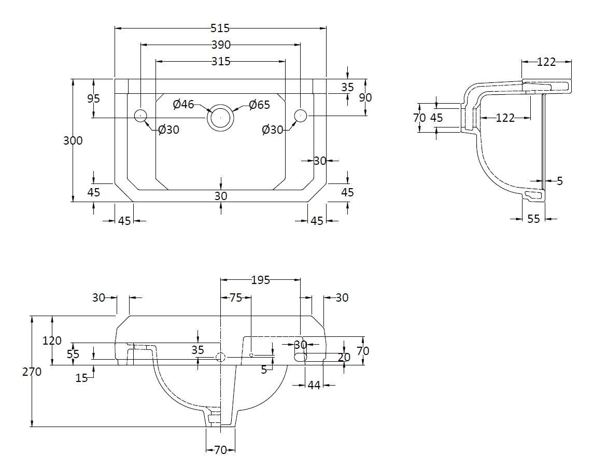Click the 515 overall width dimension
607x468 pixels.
pos(220,29)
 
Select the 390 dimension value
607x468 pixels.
pos(220,45)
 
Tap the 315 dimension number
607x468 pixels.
pos(220,62)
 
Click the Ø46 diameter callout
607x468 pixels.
pos(183,105)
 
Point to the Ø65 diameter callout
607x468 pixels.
pos(259,105)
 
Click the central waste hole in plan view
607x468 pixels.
pos(221,118)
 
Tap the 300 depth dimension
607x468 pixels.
pos(73,140)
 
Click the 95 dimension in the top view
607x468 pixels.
pos(93,98)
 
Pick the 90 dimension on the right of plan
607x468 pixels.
pos(365,97)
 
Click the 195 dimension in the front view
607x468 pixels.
pos(260,280)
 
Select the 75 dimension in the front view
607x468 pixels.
pos(235,297)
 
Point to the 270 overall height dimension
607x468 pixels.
pos(32,372)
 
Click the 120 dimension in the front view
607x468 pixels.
pos(52,341)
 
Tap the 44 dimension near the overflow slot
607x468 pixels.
pos(314,385)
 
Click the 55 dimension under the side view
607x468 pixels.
pos(533,219)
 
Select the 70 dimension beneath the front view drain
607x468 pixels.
pos(220,450)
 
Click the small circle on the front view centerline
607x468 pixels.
pos(221,357)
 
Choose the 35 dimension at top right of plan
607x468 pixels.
pos(347,87)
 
